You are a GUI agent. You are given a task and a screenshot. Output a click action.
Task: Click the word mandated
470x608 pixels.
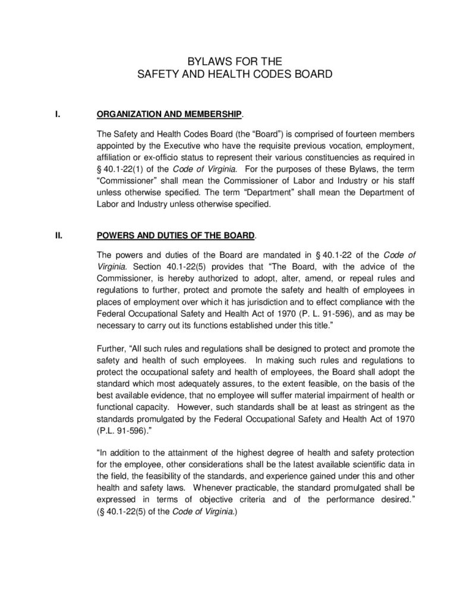(x=273, y=255)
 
